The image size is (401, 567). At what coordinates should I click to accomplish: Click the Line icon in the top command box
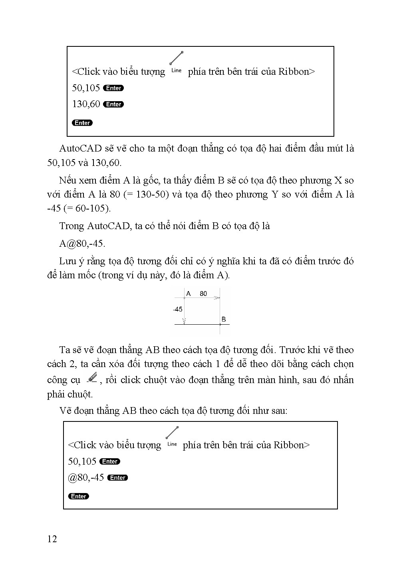click(x=176, y=62)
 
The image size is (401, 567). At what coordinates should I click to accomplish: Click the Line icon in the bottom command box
click(x=172, y=436)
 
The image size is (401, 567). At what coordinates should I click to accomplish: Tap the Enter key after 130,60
click(x=113, y=104)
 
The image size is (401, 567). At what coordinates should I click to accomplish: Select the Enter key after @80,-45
click(x=118, y=478)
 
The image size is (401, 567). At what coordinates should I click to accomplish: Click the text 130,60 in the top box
click(x=86, y=104)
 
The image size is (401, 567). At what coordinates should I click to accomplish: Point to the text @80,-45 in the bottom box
click(x=86, y=477)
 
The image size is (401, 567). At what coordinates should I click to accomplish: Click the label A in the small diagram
click(x=189, y=294)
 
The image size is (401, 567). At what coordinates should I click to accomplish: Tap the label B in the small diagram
click(x=224, y=319)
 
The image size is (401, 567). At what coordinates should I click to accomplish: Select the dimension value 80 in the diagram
click(x=203, y=294)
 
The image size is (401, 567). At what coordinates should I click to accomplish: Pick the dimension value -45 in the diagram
click(x=178, y=309)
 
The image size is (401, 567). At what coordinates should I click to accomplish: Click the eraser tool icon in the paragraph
click(x=92, y=378)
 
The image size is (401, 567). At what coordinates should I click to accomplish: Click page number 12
click(x=52, y=539)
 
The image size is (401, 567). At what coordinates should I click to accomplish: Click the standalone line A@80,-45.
click(x=82, y=244)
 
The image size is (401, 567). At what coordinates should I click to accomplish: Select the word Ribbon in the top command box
click(x=294, y=72)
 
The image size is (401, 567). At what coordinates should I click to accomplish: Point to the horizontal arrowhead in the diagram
click(x=217, y=298)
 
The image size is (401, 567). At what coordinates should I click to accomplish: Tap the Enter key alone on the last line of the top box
click(x=82, y=123)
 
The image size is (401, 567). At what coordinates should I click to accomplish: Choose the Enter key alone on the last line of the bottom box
click(x=79, y=496)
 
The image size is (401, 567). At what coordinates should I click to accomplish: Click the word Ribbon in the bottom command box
click(x=289, y=445)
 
